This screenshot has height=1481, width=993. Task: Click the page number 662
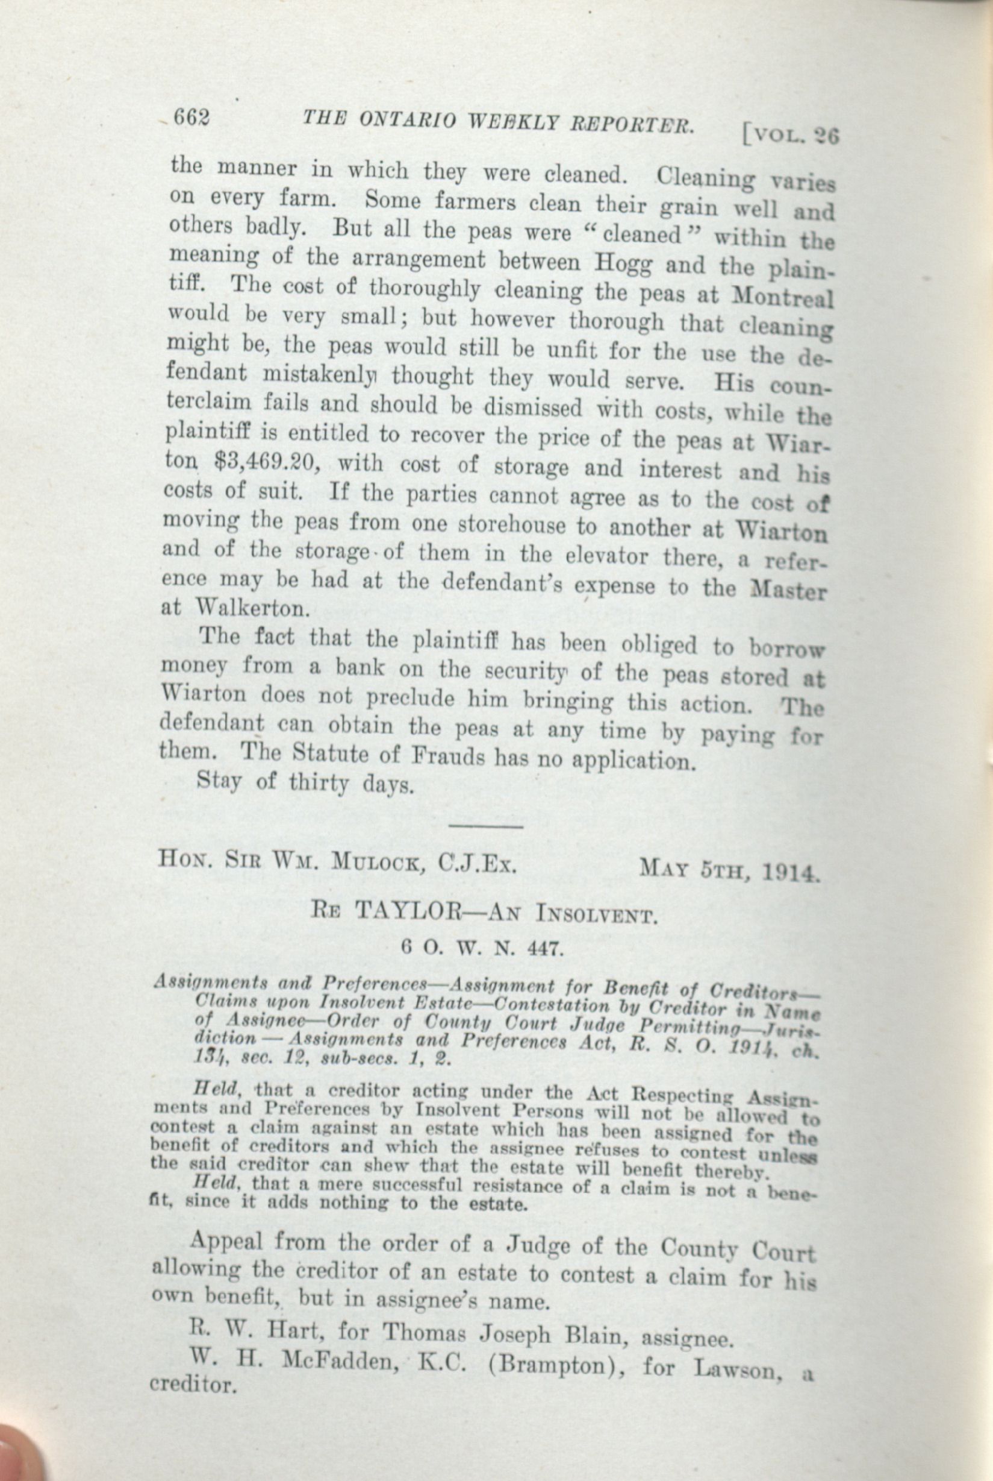click(x=191, y=118)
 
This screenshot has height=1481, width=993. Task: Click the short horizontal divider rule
click(x=485, y=826)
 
